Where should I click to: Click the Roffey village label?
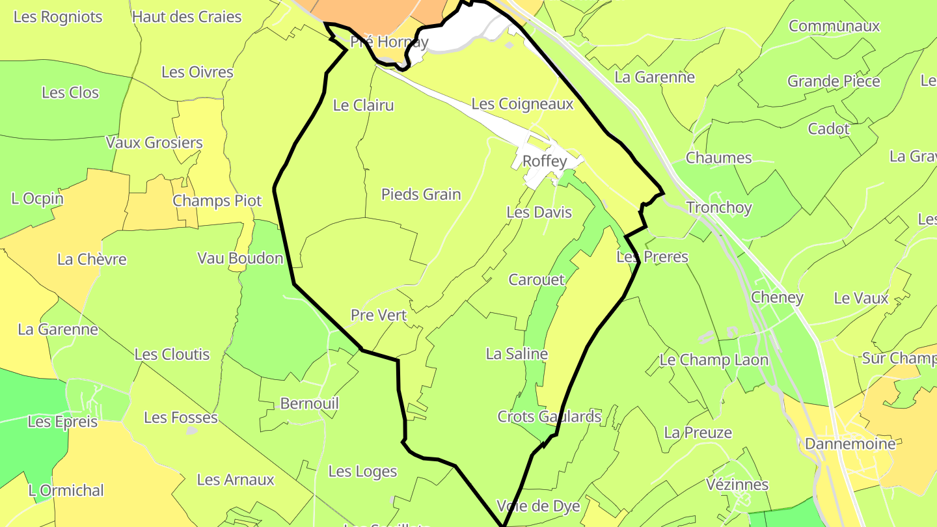click(545, 161)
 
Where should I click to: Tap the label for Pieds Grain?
click(421, 194)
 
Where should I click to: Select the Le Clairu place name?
click(363, 105)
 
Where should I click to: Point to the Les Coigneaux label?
click(522, 103)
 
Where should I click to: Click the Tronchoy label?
click(719, 208)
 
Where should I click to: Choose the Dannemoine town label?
click(850, 444)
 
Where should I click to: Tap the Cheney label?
click(777, 297)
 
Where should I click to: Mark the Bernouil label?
click(310, 403)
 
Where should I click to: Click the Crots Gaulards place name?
click(549, 416)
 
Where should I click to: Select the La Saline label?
click(517, 354)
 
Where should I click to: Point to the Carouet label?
click(537, 280)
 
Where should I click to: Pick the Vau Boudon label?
click(240, 258)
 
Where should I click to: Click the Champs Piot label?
click(217, 201)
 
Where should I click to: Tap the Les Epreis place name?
click(62, 422)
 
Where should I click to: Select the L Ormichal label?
click(66, 491)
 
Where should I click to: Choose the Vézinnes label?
click(737, 485)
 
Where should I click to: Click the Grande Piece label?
click(834, 81)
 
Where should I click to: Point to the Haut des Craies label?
click(187, 17)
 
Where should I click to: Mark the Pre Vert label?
click(379, 316)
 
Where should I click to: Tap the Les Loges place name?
click(362, 471)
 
